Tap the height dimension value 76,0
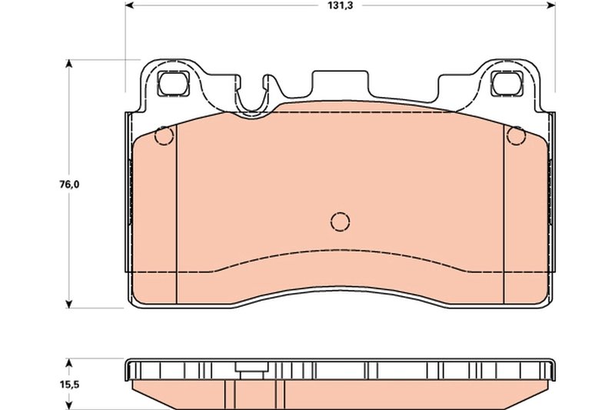tap(70, 185)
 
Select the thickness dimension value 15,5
tap(70, 384)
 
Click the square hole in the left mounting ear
tap(173, 82)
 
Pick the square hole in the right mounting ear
tap(507, 82)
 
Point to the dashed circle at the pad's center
tap(340, 222)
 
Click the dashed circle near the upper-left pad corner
tap(164, 135)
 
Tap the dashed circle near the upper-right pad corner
tap(516, 135)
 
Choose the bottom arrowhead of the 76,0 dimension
tap(70, 305)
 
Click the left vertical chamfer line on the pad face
tap(177, 223)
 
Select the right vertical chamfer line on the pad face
tap(503, 223)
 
